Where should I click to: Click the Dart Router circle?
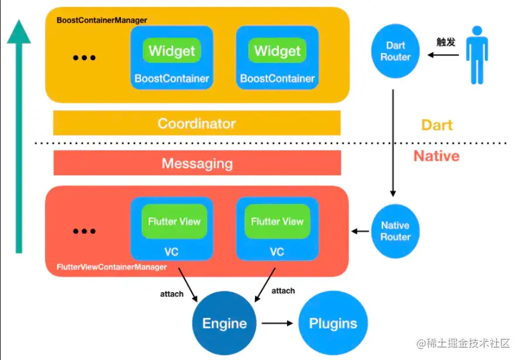395,51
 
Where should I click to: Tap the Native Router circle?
395,231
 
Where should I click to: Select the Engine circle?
225,323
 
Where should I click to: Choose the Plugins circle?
333,323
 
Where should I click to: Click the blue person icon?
478,55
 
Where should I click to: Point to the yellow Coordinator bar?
196,123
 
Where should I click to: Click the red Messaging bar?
197,164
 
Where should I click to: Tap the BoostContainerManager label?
102,20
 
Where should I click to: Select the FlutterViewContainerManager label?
112,267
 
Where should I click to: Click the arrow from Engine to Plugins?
277,323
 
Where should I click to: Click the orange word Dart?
437,125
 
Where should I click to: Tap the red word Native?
436,156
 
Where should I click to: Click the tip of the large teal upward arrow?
19,23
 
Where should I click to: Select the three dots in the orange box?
84,58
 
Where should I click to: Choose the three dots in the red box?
84,231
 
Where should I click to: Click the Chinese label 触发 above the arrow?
446,42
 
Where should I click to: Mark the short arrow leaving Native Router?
360,231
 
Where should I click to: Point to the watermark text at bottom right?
463,343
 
